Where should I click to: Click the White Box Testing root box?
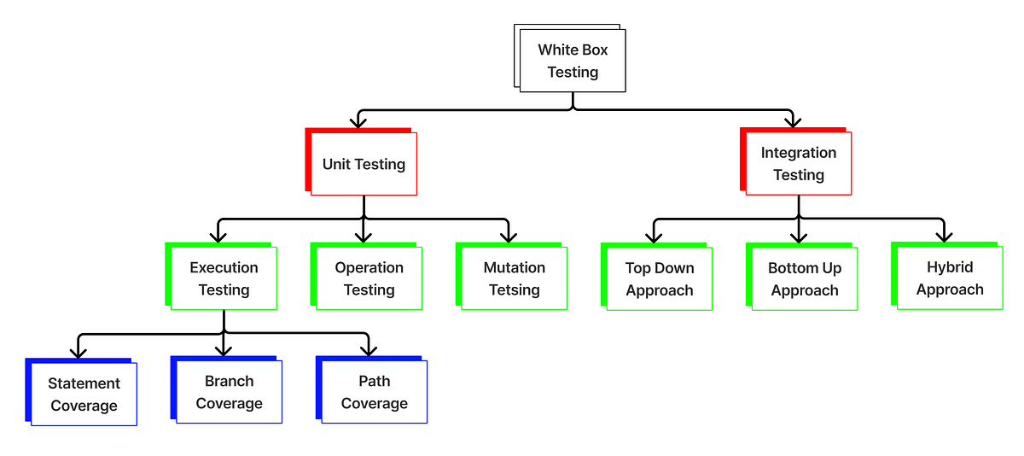point(572,61)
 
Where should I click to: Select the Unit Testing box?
point(364,164)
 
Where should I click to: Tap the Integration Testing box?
point(798,164)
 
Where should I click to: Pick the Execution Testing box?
point(224,278)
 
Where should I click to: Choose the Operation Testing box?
point(369,278)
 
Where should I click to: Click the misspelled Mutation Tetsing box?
point(514,278)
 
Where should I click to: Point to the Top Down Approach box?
point(659,279)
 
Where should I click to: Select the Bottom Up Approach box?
point(804,279)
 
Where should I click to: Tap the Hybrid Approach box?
point(949,278)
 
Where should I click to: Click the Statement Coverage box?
point(84,395)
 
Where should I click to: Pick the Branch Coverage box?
point(229,393)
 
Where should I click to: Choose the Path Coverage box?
point(374,393)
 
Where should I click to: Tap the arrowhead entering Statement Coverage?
point(78,351)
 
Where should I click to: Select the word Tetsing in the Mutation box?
point(514,290)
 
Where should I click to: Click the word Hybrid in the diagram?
point(949,267)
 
